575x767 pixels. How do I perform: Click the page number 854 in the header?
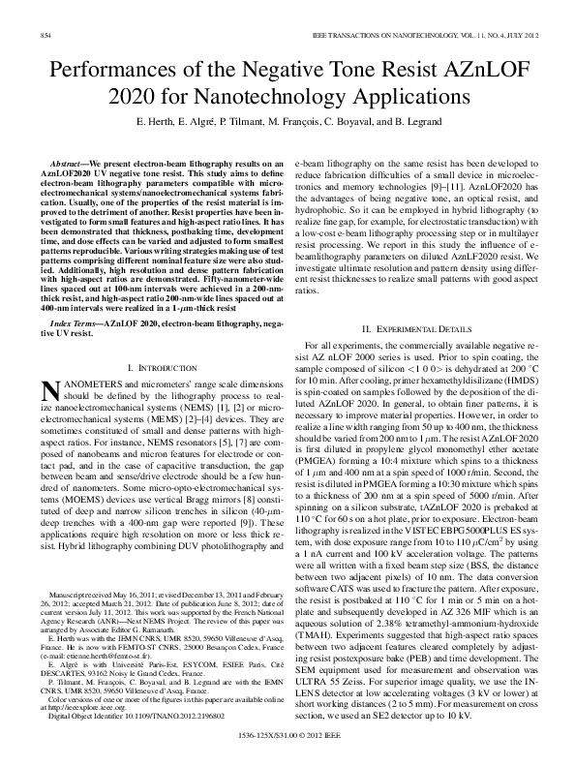[45, 35]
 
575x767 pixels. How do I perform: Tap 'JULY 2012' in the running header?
[517, 35]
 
